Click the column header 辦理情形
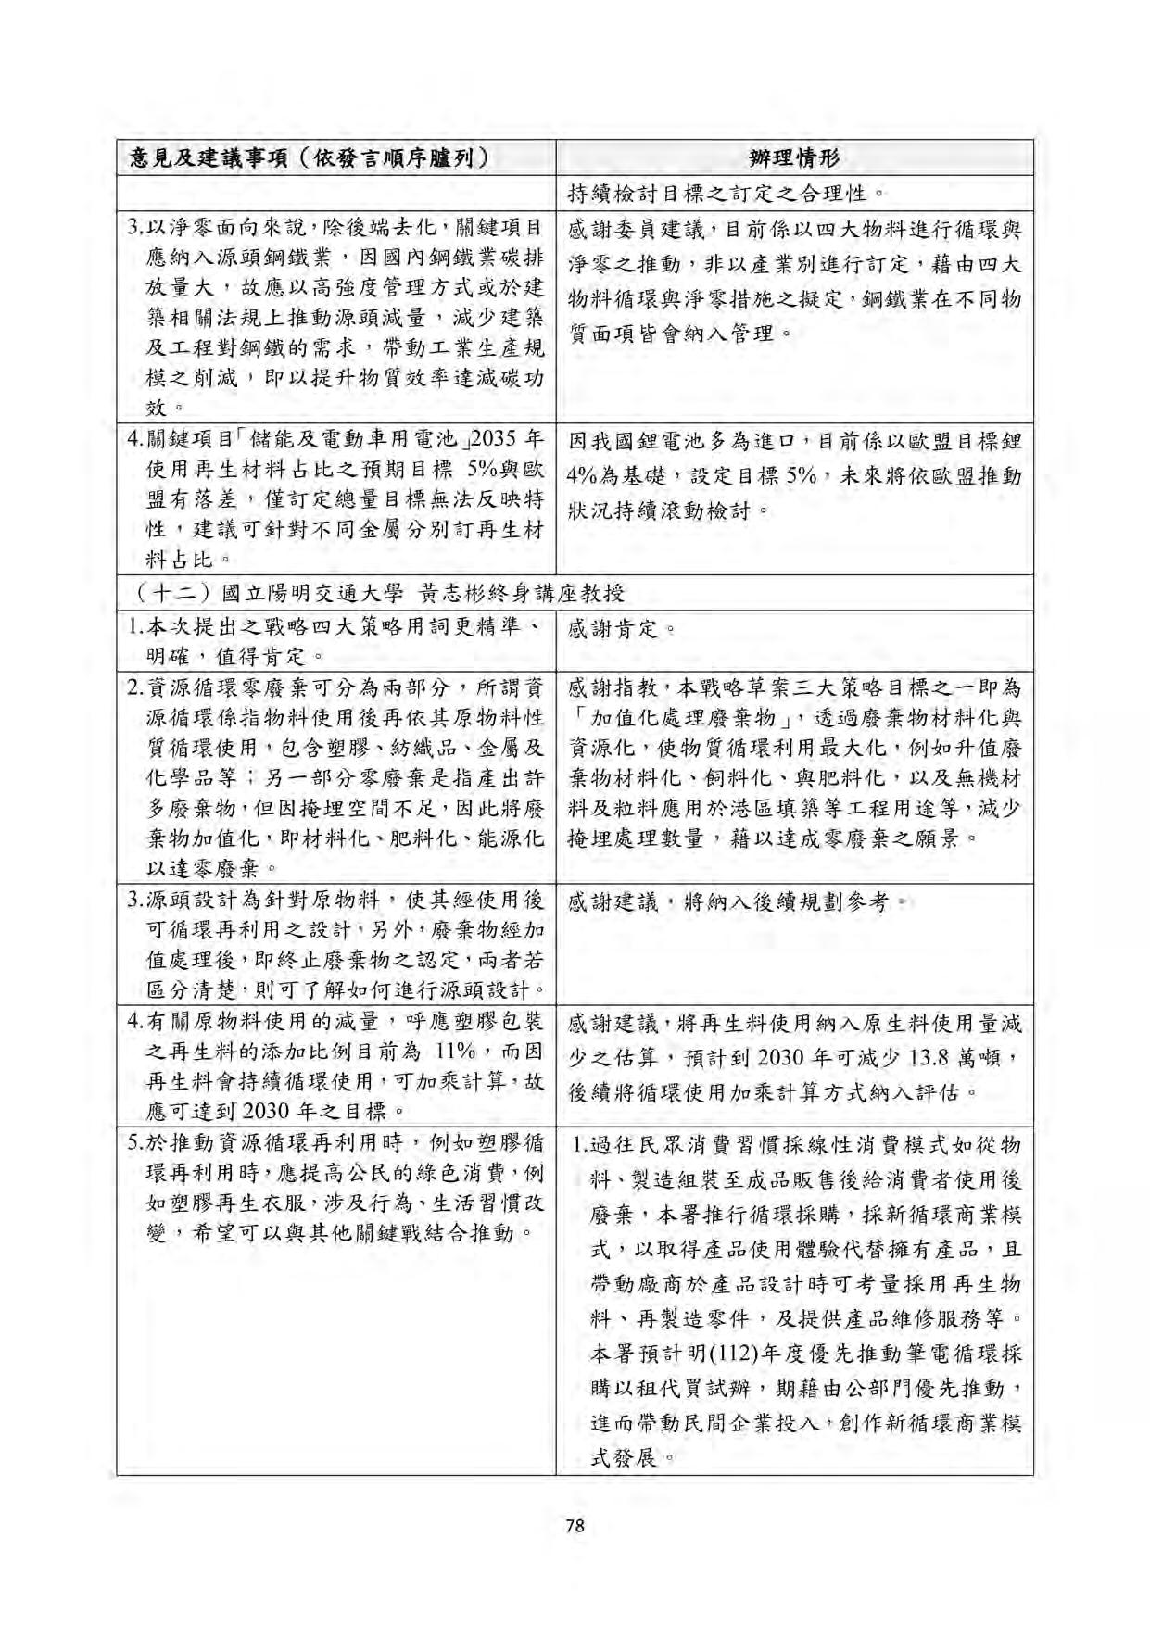794,157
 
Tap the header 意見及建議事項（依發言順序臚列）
310,157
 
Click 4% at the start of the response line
585,477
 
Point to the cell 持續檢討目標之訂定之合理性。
727,195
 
